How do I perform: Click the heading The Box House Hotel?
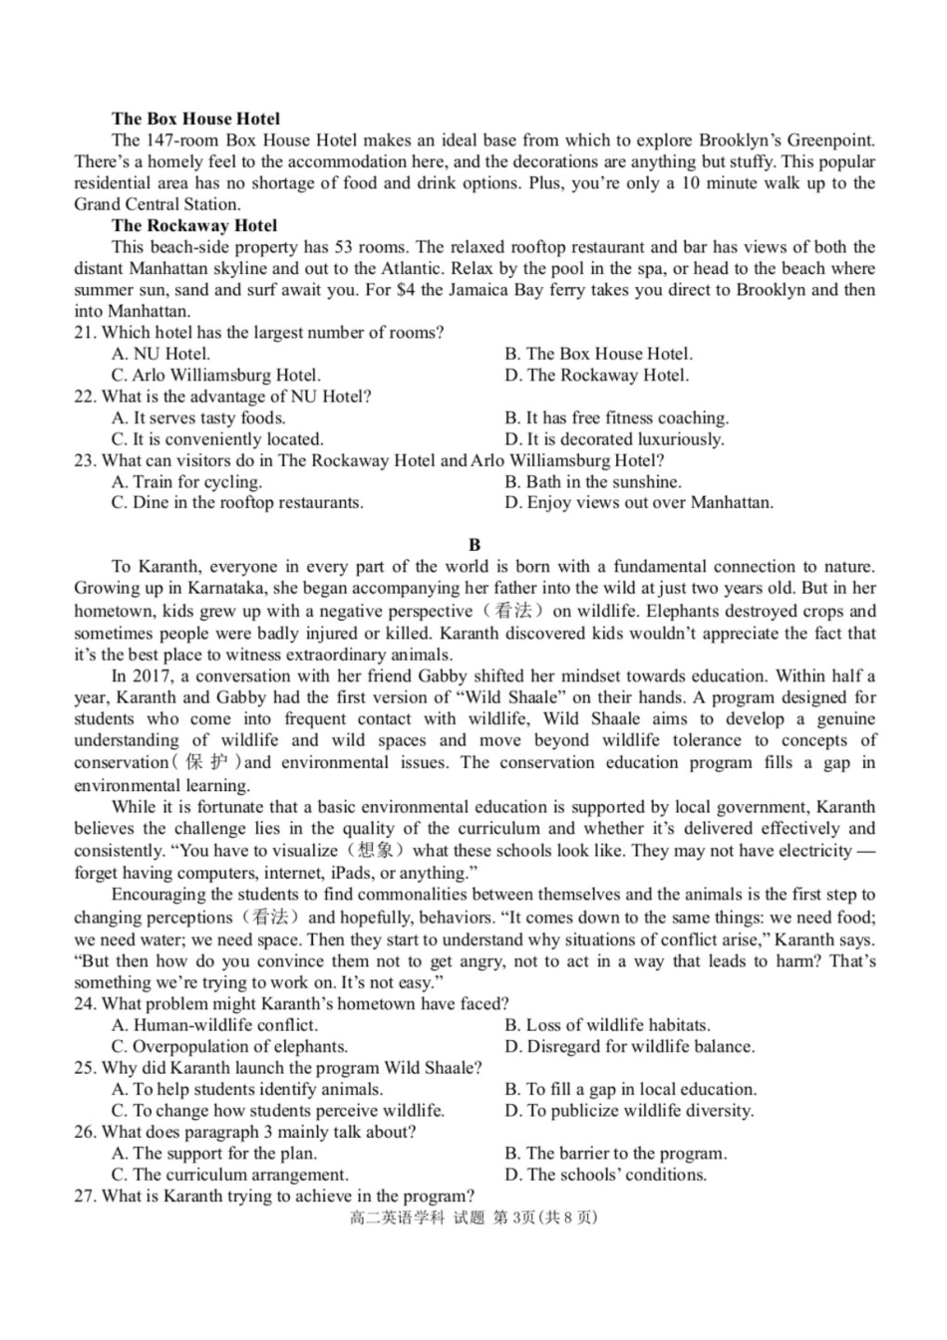195,119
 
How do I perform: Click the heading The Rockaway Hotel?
194,225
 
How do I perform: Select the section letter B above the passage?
474,544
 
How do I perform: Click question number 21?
84,333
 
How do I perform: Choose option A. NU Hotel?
160,354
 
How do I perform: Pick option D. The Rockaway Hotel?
596,376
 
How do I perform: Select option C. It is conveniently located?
217,439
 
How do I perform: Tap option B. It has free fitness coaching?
616,417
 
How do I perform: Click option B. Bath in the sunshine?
592,481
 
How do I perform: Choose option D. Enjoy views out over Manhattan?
638,503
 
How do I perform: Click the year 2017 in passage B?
147,676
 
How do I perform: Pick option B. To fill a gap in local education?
630,1089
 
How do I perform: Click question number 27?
84,1197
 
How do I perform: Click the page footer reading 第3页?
513,1218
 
